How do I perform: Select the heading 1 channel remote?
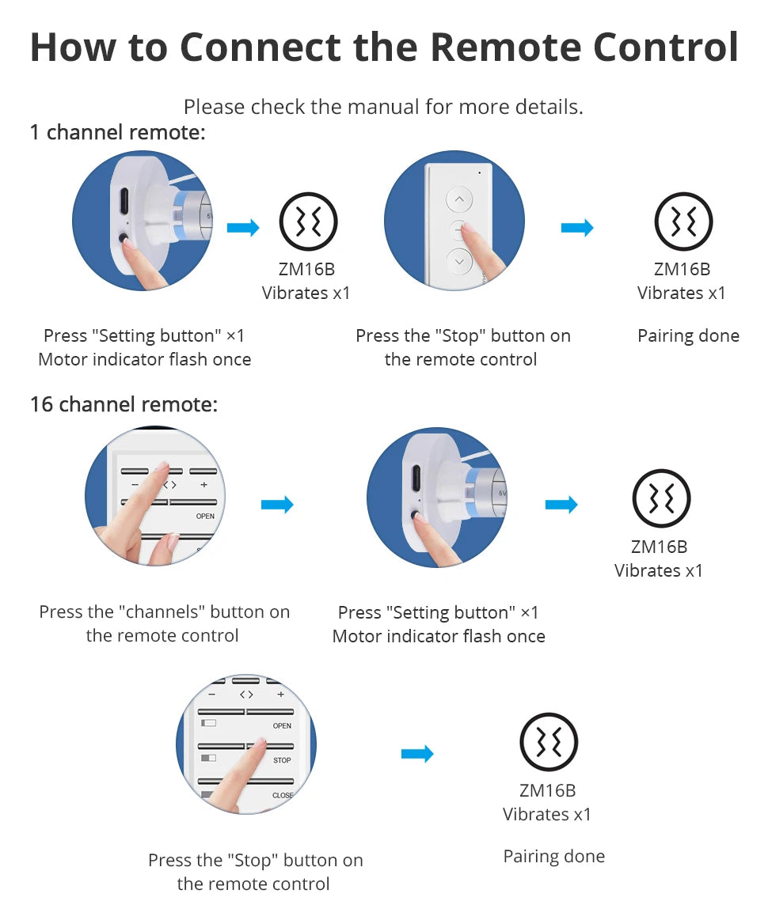point(118,133)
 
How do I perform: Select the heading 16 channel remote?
point(124,404)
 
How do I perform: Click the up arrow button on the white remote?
point(459,199)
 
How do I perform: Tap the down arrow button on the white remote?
point(459,262)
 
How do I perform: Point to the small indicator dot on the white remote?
point(480,173)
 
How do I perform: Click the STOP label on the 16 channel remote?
point(282,760)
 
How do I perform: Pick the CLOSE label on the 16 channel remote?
point(283,796)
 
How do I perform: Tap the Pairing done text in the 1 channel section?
point(688,335)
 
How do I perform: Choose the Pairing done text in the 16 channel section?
point(553,856)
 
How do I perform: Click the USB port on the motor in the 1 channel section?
point(124,201)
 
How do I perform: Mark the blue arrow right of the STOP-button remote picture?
point(417,754)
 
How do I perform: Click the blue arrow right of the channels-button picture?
point(277,505)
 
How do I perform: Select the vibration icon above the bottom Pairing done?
point(549,742)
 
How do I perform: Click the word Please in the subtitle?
point(214,107)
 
